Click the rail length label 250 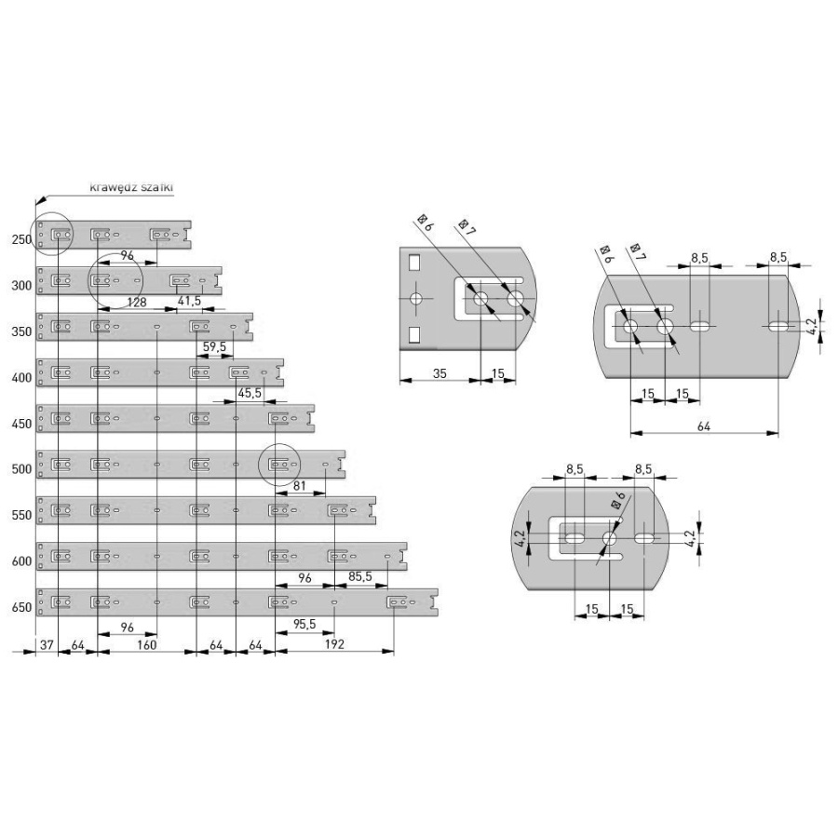tap(21, 240)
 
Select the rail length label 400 tap(21, 379)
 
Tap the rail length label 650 tap(21, 609)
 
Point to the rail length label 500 tap(21, 470)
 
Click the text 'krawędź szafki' tap(131, 187)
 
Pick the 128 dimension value tap(137, 302)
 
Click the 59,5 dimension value tap(215, 347)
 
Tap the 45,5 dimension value tap(250, 394)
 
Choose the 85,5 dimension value tap(360, 577)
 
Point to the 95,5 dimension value tap(304, 624)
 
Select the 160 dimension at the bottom tap(146, 644)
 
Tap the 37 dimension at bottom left tap(47, 644)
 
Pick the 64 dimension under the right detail tap(704, 426)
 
